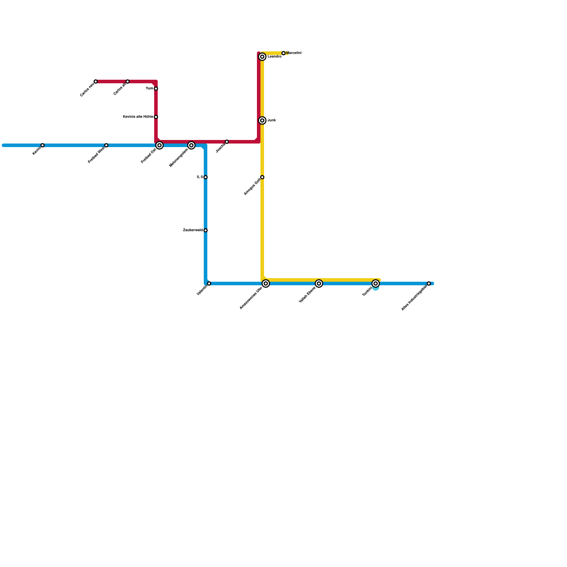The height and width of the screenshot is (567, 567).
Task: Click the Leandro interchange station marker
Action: (x=262, y=57)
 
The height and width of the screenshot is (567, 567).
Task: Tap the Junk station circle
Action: (x=262, y=120)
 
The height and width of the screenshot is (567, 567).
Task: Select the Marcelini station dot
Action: (x=283, y=53)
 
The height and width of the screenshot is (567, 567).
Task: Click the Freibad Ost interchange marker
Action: (x=159, y=145)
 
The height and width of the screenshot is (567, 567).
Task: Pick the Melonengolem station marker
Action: (x=191, y=145)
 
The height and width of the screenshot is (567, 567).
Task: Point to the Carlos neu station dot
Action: (x=96, y=82)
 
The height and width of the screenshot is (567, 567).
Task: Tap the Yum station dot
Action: (x=156, y=89)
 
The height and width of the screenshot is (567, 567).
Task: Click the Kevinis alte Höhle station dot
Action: (x=156, y=117)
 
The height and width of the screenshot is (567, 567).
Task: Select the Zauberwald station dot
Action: (x=206, y=230)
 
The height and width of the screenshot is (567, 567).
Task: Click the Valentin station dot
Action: (x=209, y=283)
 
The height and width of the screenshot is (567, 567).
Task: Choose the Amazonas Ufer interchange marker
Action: (x=266, y=283)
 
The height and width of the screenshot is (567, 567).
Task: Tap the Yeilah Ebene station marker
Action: (x=319, y=283)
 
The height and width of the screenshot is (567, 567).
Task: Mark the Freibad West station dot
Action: (x=106, y=145)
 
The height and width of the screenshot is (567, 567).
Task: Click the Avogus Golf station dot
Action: (x=262, y=177)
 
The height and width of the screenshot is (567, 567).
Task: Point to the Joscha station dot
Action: (x=227, y=142)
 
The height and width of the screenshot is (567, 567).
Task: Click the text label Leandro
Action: (x=274, y=57)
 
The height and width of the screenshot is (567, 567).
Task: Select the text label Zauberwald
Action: (x=193, y=230)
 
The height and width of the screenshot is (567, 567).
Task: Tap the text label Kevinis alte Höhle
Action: (x=138, y=117)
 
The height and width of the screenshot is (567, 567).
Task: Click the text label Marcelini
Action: (x=294, y=53)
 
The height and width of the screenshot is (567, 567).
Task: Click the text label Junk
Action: (x=272, y=120)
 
